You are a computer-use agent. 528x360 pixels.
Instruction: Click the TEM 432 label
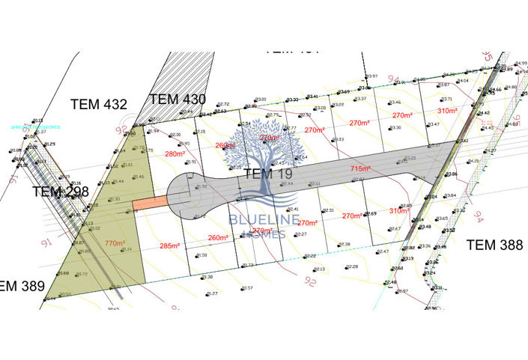[99, 104]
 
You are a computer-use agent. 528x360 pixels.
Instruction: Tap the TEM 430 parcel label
[177, 99]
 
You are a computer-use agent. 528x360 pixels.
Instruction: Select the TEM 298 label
[60, 192]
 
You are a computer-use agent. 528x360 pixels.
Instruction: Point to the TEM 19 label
[267, 174]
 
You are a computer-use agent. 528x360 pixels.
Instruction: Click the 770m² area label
[115, 243]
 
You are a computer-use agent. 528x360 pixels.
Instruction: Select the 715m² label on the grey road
[360, 169]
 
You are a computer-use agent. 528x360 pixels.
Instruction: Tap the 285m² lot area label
[170, 245]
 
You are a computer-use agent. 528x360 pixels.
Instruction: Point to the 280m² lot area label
[174, 154]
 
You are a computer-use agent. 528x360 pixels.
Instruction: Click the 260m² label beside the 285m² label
[218, 238]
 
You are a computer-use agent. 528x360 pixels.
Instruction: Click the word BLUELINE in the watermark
[264, 220]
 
